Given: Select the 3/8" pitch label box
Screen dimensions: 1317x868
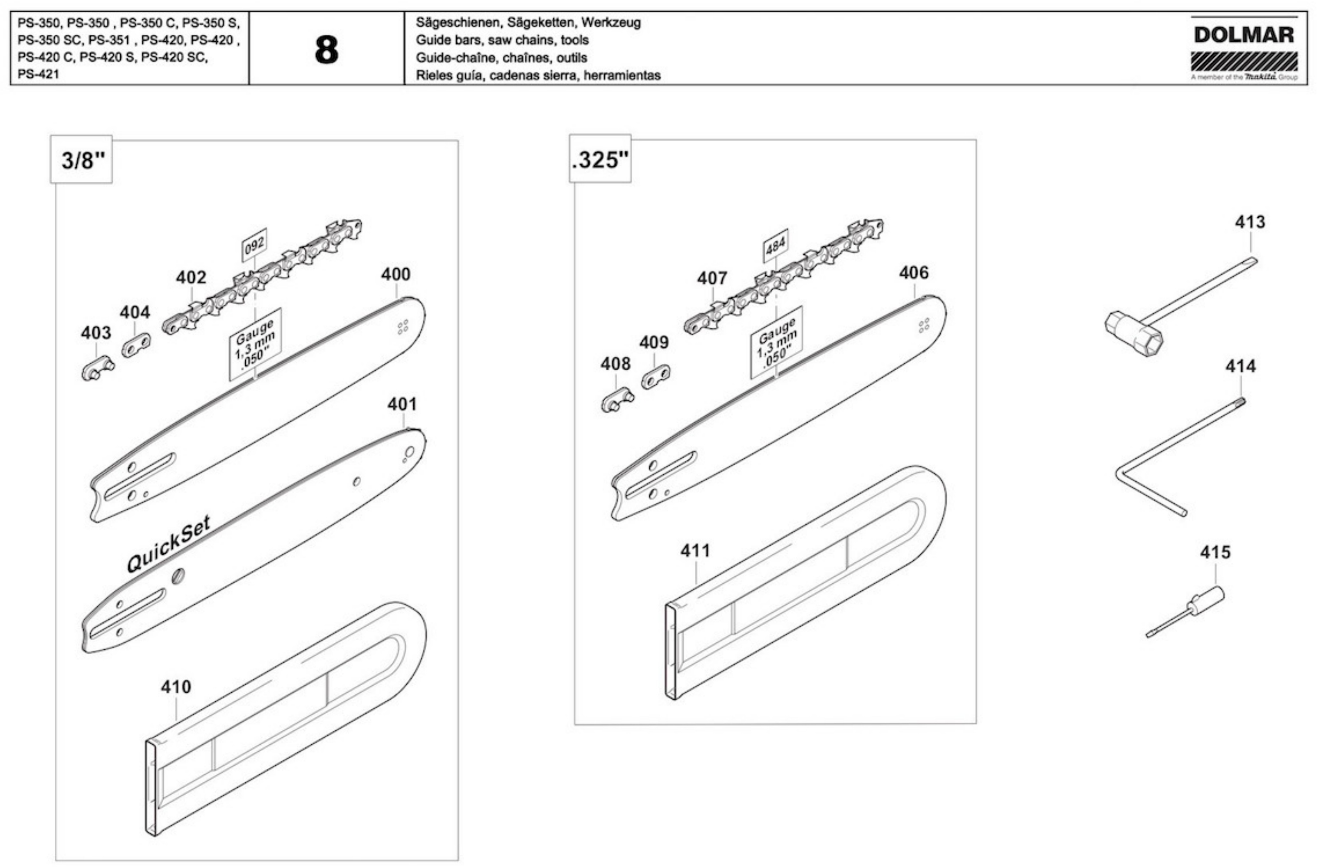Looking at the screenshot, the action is (x=81, y=160).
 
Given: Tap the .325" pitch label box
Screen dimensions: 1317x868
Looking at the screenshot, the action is (x=600, y=159).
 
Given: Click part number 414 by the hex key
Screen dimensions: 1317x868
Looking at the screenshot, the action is (x=1241, y=366).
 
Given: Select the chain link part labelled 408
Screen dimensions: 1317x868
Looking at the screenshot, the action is (x=618, y=400).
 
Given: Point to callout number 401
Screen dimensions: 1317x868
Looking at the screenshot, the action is (x=402, y=404).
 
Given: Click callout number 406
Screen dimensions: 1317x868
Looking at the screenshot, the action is (x=914, y=273).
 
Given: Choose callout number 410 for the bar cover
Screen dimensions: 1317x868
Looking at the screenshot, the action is (x=176, y=687).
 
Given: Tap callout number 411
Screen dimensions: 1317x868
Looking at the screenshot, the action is (x=695, y=550).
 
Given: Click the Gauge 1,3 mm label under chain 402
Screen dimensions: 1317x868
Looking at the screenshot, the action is (x=255, y=344).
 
